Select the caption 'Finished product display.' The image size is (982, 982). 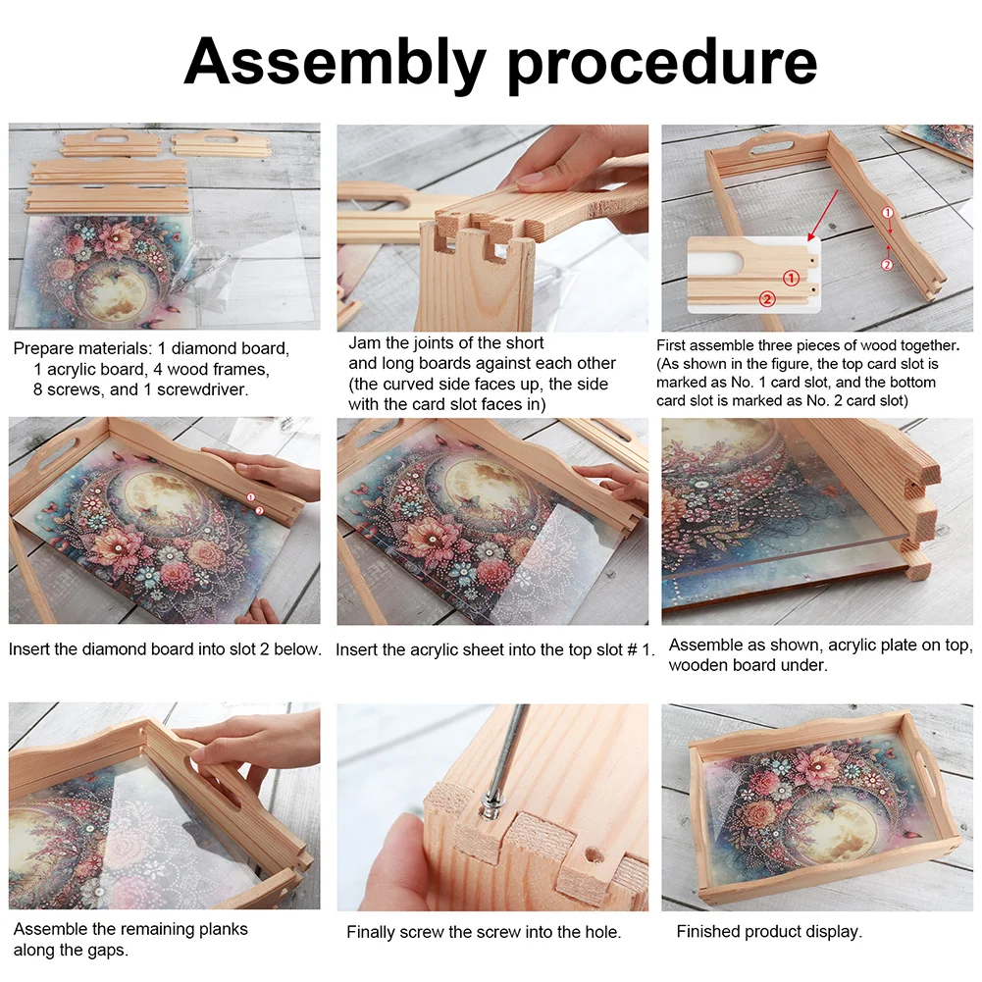(768, 932)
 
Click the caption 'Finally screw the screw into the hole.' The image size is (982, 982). (484, 932)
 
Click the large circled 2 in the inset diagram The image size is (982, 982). (767, 295)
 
